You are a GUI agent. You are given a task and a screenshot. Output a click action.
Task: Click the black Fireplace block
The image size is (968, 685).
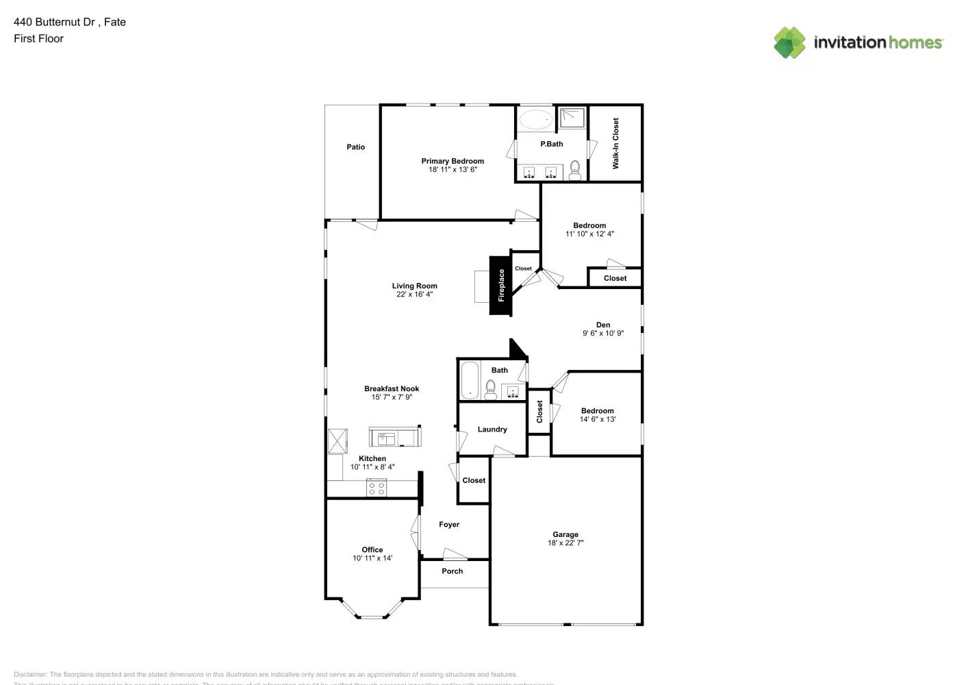[x=500, y=286]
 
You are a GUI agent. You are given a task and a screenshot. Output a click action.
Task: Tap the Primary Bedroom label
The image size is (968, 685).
[x=453, y=161]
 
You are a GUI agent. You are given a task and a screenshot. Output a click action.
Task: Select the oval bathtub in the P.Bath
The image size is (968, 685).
[x=535, y=120]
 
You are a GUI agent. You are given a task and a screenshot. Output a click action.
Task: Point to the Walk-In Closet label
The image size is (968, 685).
[x=615, y=143]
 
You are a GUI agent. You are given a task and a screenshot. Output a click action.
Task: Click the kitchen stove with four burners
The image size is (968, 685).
[x=377, y=488]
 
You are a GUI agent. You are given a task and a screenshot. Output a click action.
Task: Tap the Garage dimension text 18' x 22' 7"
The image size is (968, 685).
[x=565, y=543]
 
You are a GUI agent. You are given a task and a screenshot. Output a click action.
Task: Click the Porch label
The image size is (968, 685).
[x=452, y=571]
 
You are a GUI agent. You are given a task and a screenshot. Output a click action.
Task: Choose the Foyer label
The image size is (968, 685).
[x=449, y=525]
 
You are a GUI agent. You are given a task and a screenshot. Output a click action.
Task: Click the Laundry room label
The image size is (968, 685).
[x=492, y=429]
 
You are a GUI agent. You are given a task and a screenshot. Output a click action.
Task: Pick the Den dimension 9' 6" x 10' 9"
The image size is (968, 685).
[x=603, y=334]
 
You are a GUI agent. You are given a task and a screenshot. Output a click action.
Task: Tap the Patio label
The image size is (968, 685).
[x=355, y=147]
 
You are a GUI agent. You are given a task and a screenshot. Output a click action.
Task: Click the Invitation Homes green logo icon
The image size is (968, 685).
[x=789, y=42]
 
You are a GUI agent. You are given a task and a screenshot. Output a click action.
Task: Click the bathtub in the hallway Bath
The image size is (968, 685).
[x=470, y=380]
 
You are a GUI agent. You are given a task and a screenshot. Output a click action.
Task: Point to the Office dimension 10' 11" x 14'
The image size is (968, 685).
[x=372, y=558]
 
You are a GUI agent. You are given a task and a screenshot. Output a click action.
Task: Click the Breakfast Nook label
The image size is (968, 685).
[x=392, y=388]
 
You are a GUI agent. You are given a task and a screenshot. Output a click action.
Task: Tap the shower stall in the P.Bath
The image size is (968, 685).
[x=572, y=118]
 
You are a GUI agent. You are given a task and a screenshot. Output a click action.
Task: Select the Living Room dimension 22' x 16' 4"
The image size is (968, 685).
[x=414, y=295]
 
